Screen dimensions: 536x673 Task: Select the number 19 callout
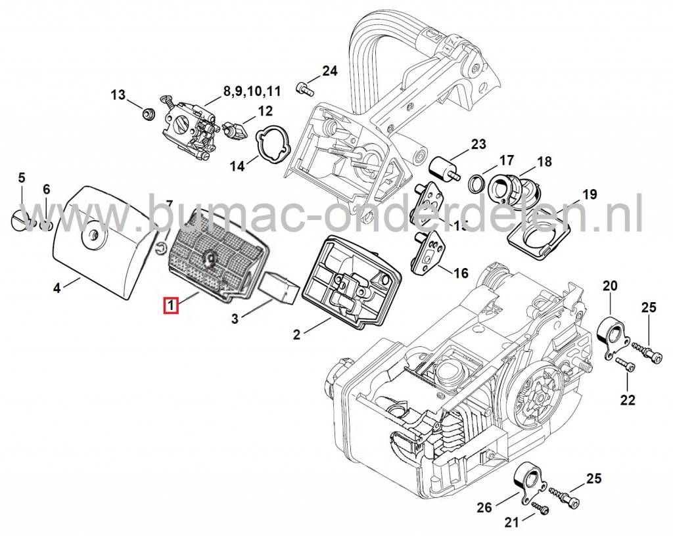589,194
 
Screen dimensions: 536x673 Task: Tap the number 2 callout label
297,334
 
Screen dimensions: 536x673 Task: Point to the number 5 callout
21,177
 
